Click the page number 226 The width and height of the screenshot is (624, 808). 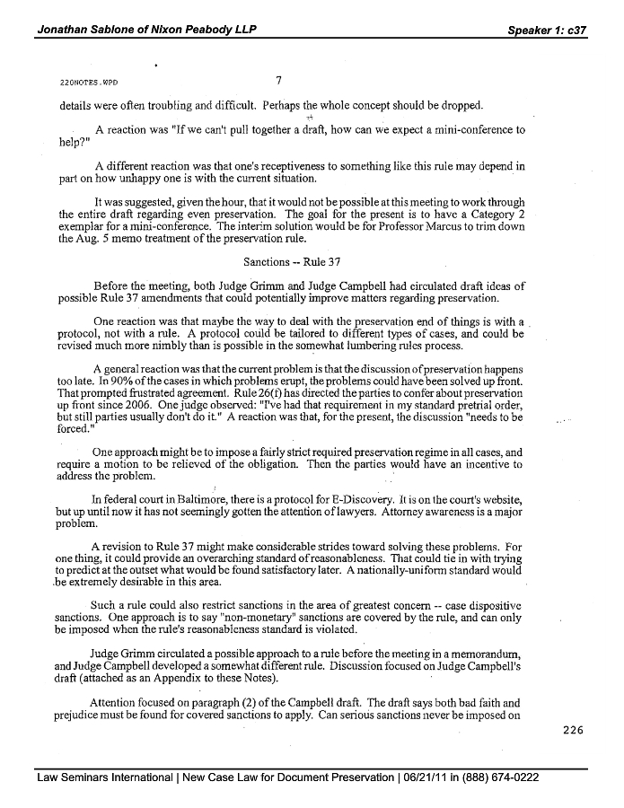pos(573,729)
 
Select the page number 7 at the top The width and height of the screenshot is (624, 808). pos(279,79)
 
